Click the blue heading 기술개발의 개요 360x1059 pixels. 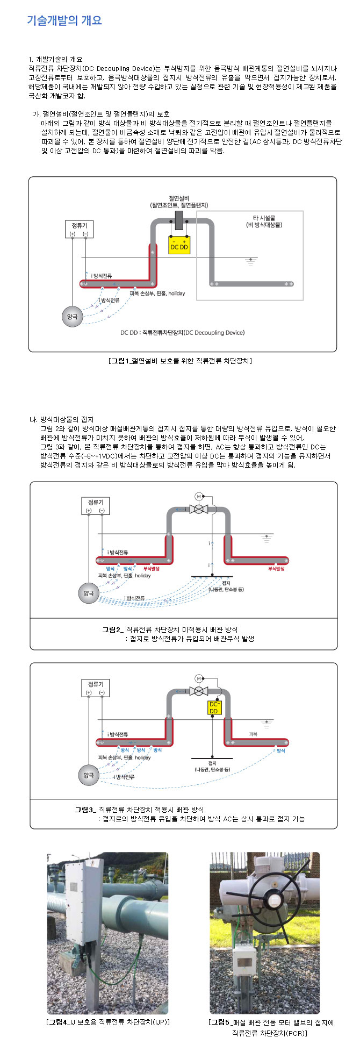[64, 20]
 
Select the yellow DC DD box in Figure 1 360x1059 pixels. [179, 245]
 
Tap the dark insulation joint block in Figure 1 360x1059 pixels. [179, 220]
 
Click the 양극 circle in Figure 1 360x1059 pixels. [73, 317]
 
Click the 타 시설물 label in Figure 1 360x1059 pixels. [264, 221]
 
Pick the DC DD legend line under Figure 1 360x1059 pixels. [182, 333]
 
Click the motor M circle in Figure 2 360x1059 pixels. [198, 496]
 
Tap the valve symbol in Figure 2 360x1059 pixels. [198, 509]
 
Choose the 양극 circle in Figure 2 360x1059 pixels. [89, 593]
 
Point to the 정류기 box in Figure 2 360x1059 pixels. [95, 506]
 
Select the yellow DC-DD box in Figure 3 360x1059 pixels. [214, 707]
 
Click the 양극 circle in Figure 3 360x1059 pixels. [89, 775]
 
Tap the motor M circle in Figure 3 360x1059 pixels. [198, 678]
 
